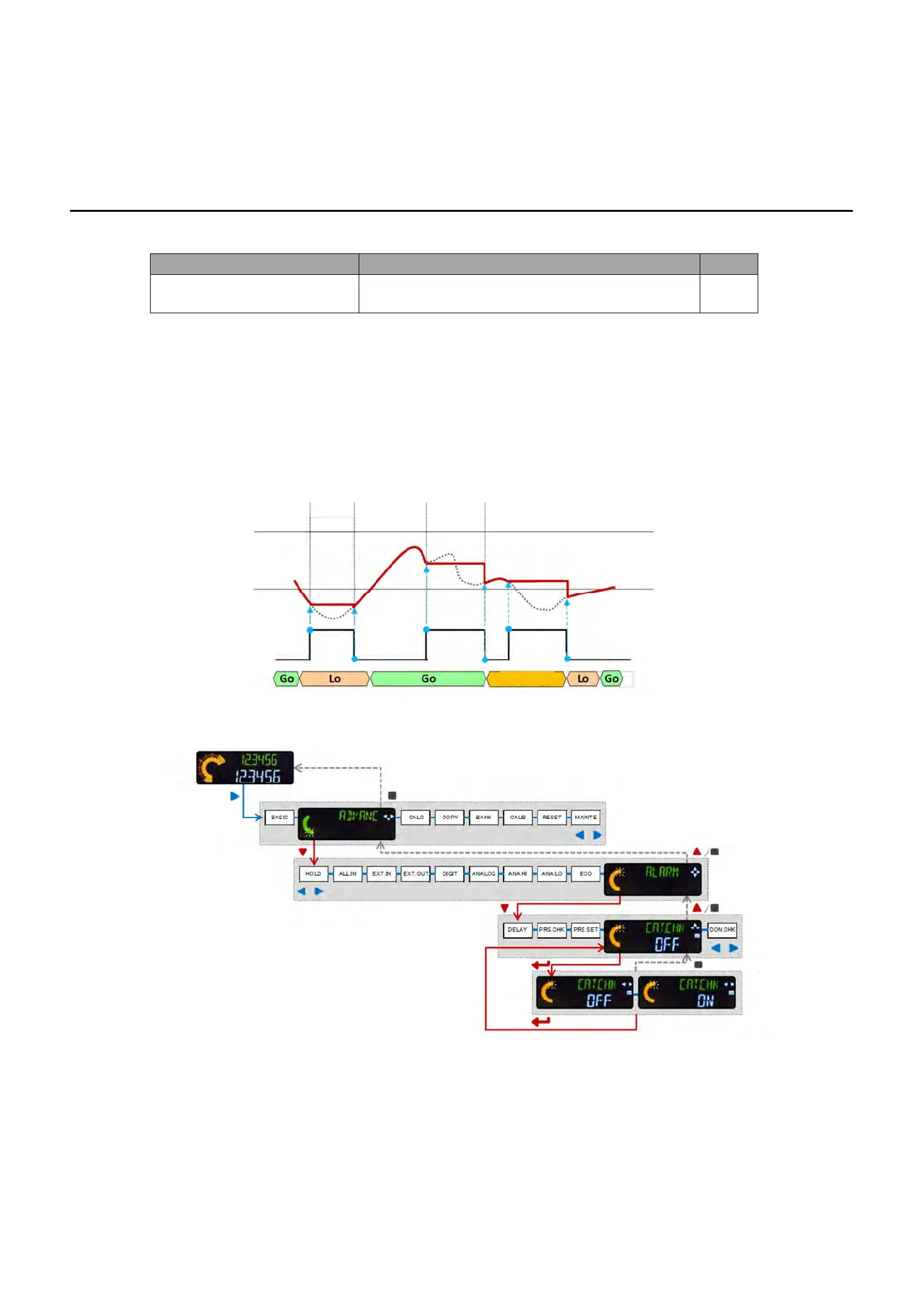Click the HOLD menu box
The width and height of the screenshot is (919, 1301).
[x=313, y=874]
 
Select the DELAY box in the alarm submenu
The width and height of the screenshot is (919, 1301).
[x=517, y=930]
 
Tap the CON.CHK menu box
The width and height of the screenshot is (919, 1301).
[x=722, y=930]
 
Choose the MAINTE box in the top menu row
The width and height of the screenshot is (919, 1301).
[x=586, y=818]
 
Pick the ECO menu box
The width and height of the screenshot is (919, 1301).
[x=586, y=874]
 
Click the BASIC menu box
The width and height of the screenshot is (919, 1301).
[x=279, y=818]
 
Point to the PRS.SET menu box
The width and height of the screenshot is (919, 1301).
[x=586, y=930]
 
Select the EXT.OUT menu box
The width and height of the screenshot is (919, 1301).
[x=415, y=874]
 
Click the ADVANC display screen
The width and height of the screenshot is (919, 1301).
[x=347, y=824]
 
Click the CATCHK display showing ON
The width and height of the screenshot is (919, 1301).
[x=687, y=993]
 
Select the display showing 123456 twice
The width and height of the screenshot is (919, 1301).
[x=245, y=768]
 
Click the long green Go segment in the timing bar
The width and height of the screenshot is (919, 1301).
[x=429, y=679]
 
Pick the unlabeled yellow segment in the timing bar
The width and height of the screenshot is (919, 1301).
[x=526, y=679]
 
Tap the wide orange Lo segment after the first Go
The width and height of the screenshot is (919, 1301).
[x=335, y=679]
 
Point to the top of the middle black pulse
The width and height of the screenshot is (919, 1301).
[x=455, y=629]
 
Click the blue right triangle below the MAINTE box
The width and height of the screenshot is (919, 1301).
[x=598, y=835]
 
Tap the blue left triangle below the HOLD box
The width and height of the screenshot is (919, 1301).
[x=301, y=891]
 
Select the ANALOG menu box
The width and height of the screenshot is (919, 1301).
[x=483, y=874]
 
